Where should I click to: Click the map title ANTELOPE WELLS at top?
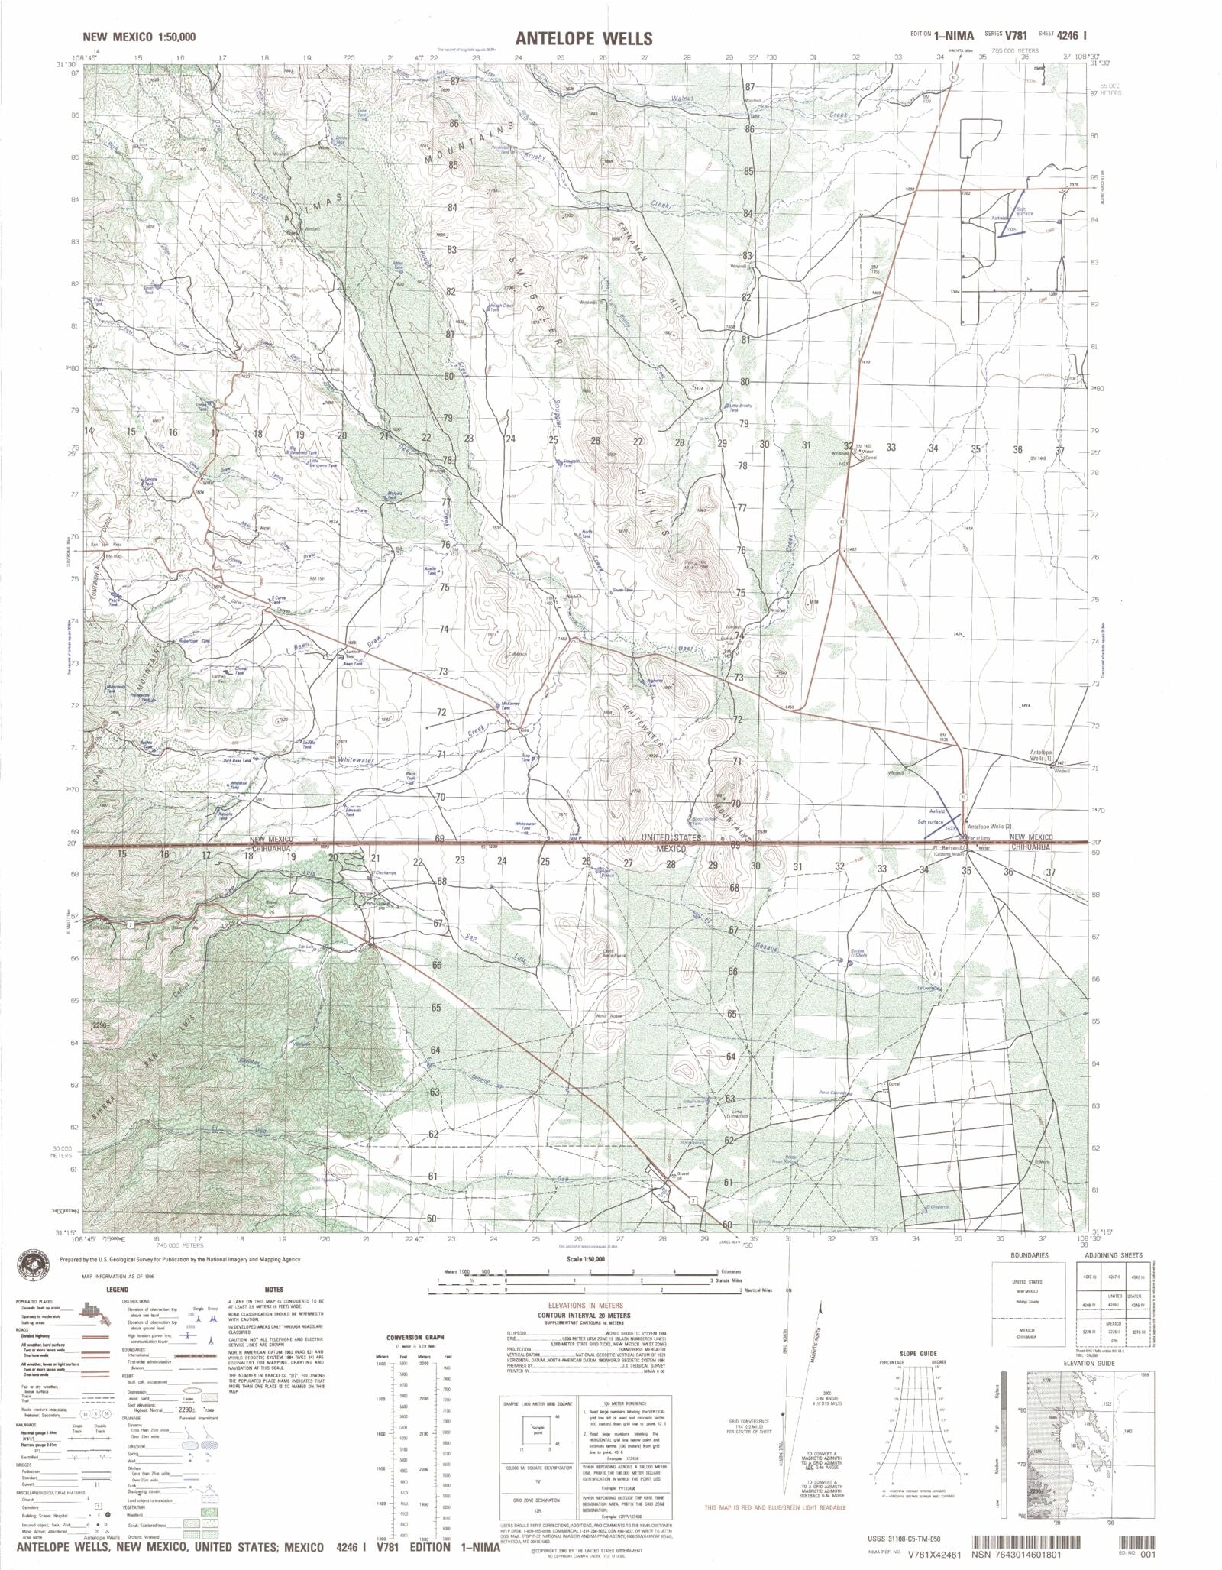pyautogui.click(x=574, y=37)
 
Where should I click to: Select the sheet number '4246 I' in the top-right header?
pyautogui.click(x=1079, y=34)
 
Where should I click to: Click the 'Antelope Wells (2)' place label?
pyautogui.click(x=988, y=827)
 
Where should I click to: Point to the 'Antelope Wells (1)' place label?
pyautogui.click(x=1052, y=755)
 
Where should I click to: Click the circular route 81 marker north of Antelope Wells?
pyautogui.click(x=963, y=798)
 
